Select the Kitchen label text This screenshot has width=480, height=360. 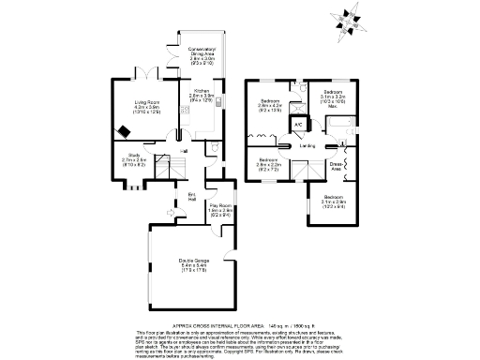(202, 94)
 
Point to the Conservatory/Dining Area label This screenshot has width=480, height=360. (202, 53)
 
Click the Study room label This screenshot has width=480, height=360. (133, 159)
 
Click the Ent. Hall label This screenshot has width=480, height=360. (191, 197)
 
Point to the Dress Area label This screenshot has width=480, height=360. (336, 169)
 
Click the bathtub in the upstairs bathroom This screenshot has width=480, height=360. (337, 125)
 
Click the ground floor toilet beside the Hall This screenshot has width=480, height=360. (215, 149)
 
